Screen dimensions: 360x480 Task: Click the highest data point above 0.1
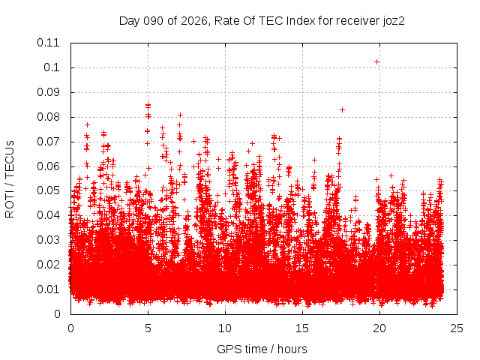click(376, 61)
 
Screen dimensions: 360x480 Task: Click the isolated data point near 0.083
click(342, 109)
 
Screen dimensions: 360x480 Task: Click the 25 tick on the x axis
click(457, 328)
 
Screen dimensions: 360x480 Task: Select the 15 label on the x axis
click(302, 328)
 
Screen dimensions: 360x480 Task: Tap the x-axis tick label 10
click(225, 328)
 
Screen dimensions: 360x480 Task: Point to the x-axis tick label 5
click(148, 328)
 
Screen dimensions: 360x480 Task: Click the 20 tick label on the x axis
click(379, 328)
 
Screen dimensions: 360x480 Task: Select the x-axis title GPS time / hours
click(262, 349)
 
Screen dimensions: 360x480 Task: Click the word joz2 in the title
click(392, 20)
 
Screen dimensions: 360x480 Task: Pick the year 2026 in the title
click(192, 20)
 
